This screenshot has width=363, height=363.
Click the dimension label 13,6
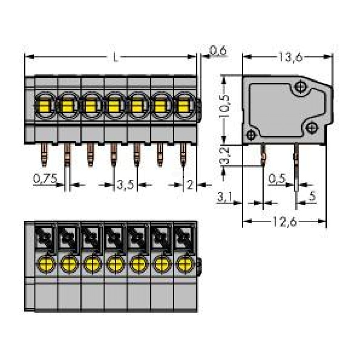pyautogui.click(x=290, y=57)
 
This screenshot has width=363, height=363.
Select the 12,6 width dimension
pyautogui.click(x=285, y=221)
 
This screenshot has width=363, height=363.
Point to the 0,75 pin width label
pyautogui.click(x=45, y=179)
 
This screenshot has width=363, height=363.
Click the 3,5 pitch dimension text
pyautogui.click(x=125, y=185)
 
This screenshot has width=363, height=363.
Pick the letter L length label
pyautogui.click(x=115, y=57)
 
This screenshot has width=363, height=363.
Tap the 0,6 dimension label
pyautogui.click(x=218, y=51)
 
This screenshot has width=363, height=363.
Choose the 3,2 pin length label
pyautogui.click(x=224, y=156)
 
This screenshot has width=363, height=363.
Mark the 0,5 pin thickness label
pyautogui.click(x=277, y=179)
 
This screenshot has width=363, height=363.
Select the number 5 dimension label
pyautogui.click(x=312, y=196)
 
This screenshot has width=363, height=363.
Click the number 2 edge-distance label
pyautogui.click(x=190, y=185)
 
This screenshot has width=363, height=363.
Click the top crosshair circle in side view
pyautogui.click(x=301, y=87)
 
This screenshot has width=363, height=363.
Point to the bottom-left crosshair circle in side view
pyautogui.click(x=251, y=135)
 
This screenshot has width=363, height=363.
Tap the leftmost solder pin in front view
pyautogui.click(x=44, y=155)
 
